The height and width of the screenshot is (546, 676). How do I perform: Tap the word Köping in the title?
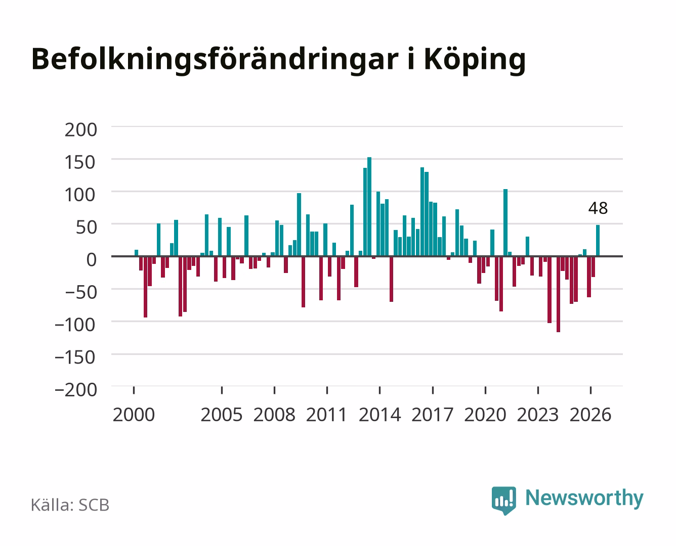(475, 60)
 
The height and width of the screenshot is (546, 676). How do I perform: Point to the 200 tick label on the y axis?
(81, 130)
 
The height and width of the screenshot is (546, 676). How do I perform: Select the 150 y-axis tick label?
(80, 162)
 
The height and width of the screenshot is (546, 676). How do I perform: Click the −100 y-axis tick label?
(75, 325)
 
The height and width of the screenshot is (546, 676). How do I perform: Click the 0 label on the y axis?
(92, 260)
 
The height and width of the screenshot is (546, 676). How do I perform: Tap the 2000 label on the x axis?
(134, 415)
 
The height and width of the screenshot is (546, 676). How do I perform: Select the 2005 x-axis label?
(222, 415)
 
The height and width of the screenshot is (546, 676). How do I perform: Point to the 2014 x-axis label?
(380, 415)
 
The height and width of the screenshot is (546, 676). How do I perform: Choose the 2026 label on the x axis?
(590, 415)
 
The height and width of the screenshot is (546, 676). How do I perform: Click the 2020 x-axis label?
(485, 415)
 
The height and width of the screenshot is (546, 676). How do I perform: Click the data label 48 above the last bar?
(598, 208)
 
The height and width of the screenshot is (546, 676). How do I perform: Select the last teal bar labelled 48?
(598, 240)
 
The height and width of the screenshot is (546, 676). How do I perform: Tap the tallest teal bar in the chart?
(369, 206)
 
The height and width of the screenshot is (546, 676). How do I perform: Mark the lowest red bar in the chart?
(558, 294)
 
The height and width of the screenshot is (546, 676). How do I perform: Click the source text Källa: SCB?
(70, 505)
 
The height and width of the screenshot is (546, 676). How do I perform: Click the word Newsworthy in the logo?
(584, 498)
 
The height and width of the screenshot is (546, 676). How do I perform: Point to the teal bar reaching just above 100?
(505, 222)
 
